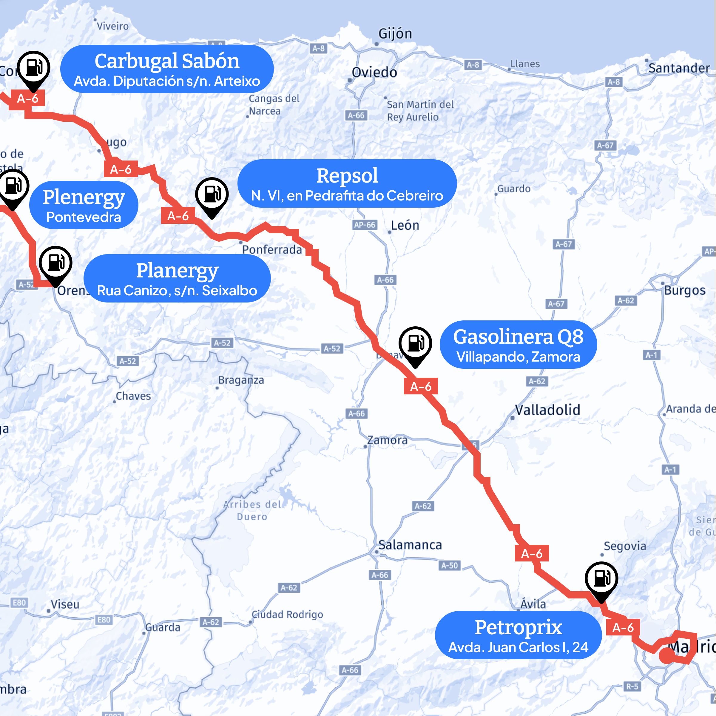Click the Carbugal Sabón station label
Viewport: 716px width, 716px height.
tap(167, 69)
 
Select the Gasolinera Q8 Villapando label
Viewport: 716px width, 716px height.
tap(518, 345)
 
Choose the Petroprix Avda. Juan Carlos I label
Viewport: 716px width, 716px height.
tap(518, 635)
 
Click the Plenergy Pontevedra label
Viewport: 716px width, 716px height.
tap(84, 205)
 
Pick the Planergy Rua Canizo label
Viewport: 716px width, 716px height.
tap(177, 278)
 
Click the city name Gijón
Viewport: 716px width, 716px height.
tap(395, 34)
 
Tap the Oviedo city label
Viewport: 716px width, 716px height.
tap(374, 72)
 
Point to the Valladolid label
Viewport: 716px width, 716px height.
tap(547, 410)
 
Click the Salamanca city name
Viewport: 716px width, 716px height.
tap(410, 545)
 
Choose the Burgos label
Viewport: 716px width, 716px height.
tap(684, 290)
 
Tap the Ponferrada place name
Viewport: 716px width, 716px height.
tap(272, 249)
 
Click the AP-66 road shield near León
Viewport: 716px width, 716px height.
tap(365, 225)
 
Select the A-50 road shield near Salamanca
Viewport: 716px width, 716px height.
tap(450, 566)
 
